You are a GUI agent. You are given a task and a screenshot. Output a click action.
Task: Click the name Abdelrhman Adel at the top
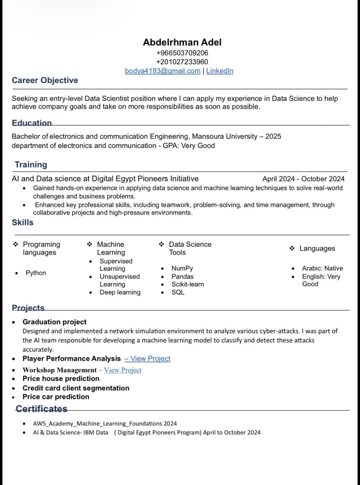click(x=182, y=43)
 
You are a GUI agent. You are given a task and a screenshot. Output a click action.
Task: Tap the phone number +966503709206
click(x=182, y=53)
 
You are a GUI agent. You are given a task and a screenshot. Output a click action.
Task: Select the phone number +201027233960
click(x=182, y=62)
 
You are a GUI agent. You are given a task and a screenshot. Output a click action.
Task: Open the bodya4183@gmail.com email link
click(x=162, y=71)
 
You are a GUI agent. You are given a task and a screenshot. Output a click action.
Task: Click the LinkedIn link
click(x=220, y=71)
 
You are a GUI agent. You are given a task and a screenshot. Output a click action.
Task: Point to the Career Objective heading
click(x=45, y=81)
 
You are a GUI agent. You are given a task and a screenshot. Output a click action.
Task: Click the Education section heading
click(x=32, y=123)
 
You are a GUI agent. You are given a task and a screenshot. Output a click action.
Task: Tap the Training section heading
click(x=31, y=165)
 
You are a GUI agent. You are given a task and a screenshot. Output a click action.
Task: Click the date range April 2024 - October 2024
click(x=303, y=179)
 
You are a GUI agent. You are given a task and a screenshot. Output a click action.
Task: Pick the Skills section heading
click(x=22, y=223)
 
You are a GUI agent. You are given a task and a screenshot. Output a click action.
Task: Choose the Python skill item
click(x=36, y=273)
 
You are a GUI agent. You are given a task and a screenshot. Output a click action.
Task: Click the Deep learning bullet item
click(x=120, y=293)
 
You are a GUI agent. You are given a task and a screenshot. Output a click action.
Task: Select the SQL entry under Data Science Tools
click(x=178, y=293)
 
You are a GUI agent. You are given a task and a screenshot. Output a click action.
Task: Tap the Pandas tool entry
click(x=182, y=277)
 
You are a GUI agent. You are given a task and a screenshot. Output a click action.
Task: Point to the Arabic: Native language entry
click(x=322, y=268)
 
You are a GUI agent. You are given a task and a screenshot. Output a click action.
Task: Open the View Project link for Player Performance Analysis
click(x=150, y=359)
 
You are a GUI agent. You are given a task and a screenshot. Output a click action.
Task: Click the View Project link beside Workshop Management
click(x=123, y=370)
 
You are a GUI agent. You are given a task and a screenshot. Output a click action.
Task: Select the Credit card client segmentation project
click(x=76, y=388)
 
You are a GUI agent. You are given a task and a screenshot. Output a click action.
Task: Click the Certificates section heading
click(x=41, y=409)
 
